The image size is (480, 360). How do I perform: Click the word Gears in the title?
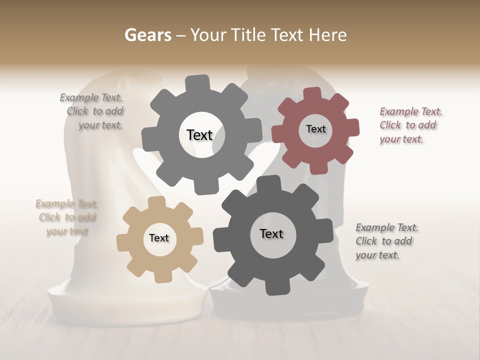[x=147, y=35]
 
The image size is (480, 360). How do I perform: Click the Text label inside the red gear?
[x=315, y=129]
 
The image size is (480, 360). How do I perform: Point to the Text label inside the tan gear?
[x=159, y=238]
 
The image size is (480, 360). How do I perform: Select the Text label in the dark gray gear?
[x=271, y=234]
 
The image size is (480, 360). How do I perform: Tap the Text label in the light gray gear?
[x=199, y=135]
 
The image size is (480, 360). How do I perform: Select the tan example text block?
[x=67, y=217]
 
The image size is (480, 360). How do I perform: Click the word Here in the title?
[x=328, y=35]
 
